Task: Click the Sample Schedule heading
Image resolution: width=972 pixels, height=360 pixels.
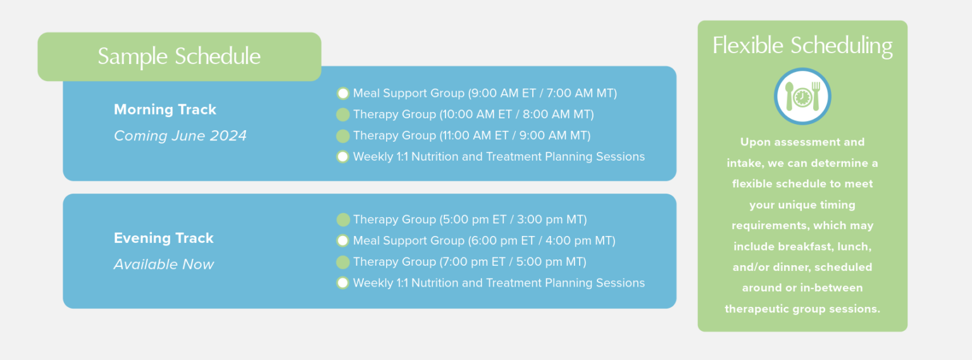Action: pyautogui.click(x=179, y=56)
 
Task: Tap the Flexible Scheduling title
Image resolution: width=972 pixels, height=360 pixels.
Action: pyautogui.click(x=802, y=46)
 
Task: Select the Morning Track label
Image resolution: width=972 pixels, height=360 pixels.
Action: pyautogui.click(x=165, y=109)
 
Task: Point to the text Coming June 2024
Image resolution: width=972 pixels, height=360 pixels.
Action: pyautogui.click(x=180, y=136)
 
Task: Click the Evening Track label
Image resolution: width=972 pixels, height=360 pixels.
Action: pyautogui.click(x=163, y=238)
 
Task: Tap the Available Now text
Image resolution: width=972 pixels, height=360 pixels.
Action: pyautogui.click(x=163, y=264)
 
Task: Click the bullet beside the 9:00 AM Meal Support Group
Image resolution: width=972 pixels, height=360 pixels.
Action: pyautogui.click(x=343, y=94)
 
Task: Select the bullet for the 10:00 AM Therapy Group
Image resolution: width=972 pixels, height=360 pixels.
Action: pyautogui.click(x=343, y=115)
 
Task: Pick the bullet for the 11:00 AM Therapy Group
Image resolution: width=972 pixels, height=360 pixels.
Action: pyautogui.click(x=343, y=135)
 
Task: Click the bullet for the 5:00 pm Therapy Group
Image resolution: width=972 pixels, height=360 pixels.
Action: pyautogui.click(x=343, y=220)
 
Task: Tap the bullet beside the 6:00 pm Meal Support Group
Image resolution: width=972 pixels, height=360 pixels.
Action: pyautogui.click(x=343, y=240)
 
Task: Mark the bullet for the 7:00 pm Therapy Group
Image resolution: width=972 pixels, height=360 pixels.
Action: pyautogui.click(x=343, y=262)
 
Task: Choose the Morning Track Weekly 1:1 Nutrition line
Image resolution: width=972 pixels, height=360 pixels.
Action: pyautogui.click(x=499, y=156)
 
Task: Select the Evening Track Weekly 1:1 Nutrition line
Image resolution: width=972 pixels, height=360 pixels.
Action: pyautogui.click(x=499, y=283)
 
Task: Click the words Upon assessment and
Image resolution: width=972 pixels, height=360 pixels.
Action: pyautogui.click(x=802, y=142)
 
